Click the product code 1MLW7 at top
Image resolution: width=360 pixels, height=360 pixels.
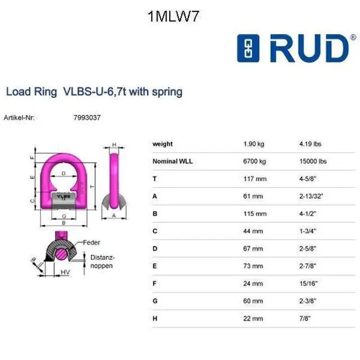[x=173, y=16]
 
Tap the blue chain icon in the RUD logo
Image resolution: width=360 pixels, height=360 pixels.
[x=248, y=48]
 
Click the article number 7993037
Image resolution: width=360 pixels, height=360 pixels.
[x=87, y=118]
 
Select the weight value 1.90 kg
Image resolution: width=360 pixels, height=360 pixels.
[x=254, y=144]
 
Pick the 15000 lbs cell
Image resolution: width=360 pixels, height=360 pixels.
[x=313, y=161]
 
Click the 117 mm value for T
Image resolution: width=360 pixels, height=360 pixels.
[x=255, y=179]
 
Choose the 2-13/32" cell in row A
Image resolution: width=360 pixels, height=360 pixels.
[x=311, y=196]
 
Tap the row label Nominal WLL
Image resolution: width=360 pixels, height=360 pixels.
[x=173, y=161]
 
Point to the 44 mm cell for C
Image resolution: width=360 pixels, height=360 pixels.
[x=253, y=231]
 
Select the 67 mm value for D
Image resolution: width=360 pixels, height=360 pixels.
[x=253, y=249]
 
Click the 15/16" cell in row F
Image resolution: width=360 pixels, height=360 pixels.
[x=308, y=283]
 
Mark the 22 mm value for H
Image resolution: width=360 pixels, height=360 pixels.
[x=253, y=318]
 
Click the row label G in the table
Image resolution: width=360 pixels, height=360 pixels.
[x=155, y=301]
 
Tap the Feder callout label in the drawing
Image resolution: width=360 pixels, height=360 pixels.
[x=91, y=242]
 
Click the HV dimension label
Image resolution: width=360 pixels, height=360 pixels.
[x=65, y=272]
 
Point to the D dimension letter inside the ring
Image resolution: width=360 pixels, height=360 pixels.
[x=64, y=173]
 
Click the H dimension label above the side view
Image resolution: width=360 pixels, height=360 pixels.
[x=114, y=145]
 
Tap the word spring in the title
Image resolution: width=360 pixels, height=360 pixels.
[x=167, y=92]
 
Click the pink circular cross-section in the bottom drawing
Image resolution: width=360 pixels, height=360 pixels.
[x=61, y=254]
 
